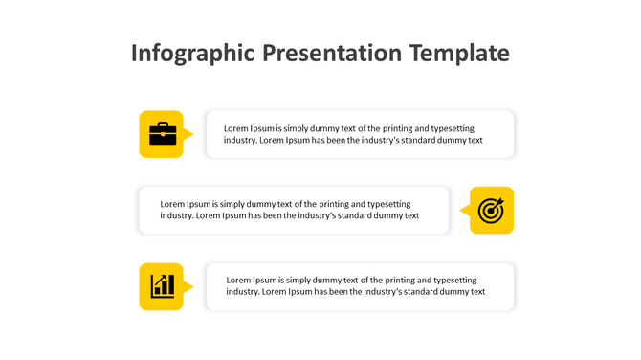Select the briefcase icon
click(161, 134)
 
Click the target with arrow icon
click(491, 211)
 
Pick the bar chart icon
click(161, 286)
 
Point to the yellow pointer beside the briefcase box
click(188, 134)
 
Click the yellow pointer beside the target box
click(464, 211)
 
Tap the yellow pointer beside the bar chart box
click(188, 286)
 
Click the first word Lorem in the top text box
click(236, 128)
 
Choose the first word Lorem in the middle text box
click(172, 204)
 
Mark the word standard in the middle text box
click(353, 215)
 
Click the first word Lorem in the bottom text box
click(239, 280)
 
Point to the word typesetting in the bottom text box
click(453, 280)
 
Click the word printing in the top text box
click(400, 128)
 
